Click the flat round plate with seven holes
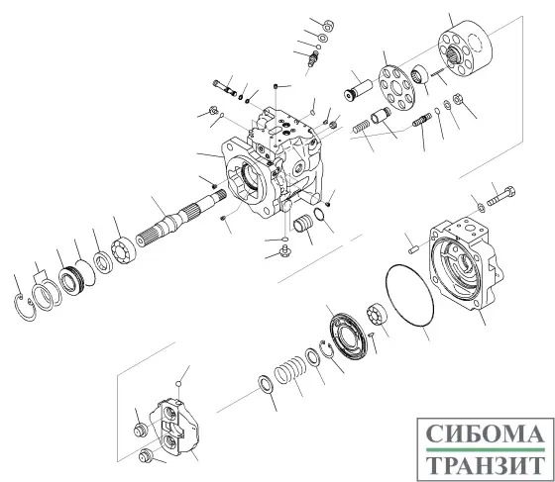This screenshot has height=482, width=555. pyautogui.click(x=398, y=90)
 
